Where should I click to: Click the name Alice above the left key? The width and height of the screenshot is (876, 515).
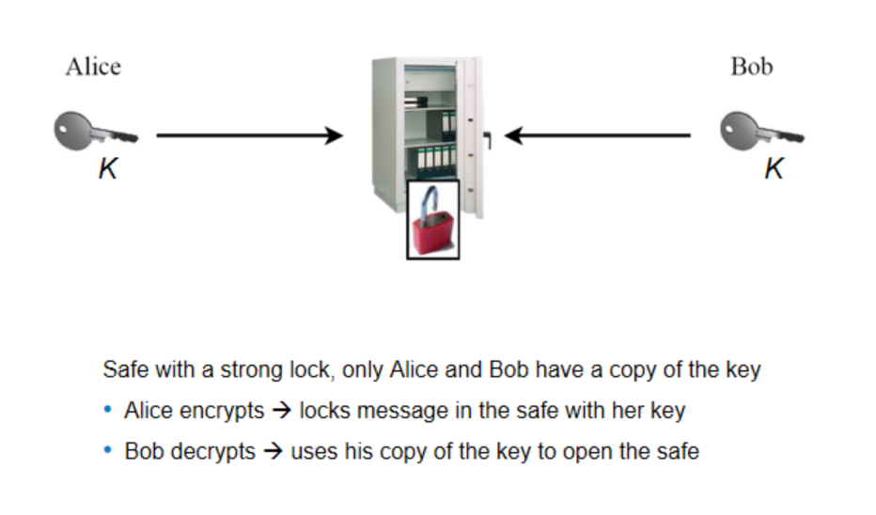93,67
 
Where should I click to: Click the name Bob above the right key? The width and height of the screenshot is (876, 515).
751,67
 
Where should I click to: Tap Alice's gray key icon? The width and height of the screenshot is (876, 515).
94,131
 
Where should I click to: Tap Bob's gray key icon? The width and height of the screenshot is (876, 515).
760,131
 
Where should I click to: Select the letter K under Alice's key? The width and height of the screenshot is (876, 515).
108,170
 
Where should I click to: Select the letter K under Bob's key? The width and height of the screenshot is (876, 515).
774,170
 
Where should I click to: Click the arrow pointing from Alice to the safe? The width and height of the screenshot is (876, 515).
249,136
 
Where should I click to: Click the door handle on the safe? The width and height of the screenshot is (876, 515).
487,140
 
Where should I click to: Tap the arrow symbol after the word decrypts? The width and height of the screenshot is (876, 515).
274,451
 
